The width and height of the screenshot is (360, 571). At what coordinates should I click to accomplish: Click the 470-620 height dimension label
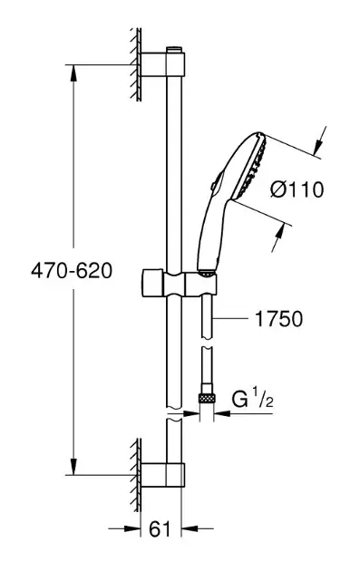[x=72, y=271]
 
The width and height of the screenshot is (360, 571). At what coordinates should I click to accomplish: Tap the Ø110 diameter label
[x=297, y=189]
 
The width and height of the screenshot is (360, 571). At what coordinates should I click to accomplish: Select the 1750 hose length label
[x=278, y=319]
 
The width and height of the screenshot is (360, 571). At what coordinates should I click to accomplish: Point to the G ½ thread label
[x=252, y=400]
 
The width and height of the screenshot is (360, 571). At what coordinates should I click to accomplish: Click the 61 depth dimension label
[x=160, y=528]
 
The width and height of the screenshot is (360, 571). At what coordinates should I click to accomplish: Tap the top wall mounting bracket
[x=162, y=64]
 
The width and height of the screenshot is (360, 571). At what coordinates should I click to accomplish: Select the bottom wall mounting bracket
[x=162, y=475]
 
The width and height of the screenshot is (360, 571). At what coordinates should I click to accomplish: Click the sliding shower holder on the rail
[x=179, y=284]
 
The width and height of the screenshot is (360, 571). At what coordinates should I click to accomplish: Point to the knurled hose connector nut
[x=206, y=398]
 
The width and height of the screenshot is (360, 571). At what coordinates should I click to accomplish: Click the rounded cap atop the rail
[x=174, y=50]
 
